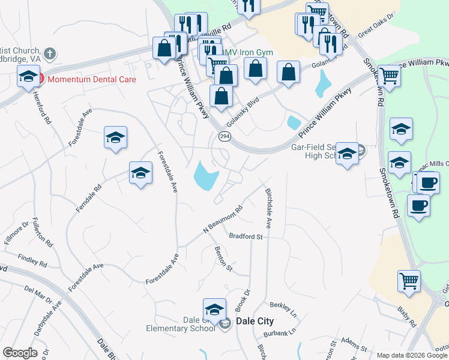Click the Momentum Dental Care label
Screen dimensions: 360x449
pyautogui.click(x=91, y=79)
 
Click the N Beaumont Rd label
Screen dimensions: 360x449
pyautogui.click(x=223, y=220)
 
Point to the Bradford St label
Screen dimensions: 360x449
pyautogui.click(x=246, y=237)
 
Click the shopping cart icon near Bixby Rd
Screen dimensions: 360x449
pyautogui.click(x=409, y=280)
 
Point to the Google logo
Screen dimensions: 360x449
pyautogui.click(x=20, y=353)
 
